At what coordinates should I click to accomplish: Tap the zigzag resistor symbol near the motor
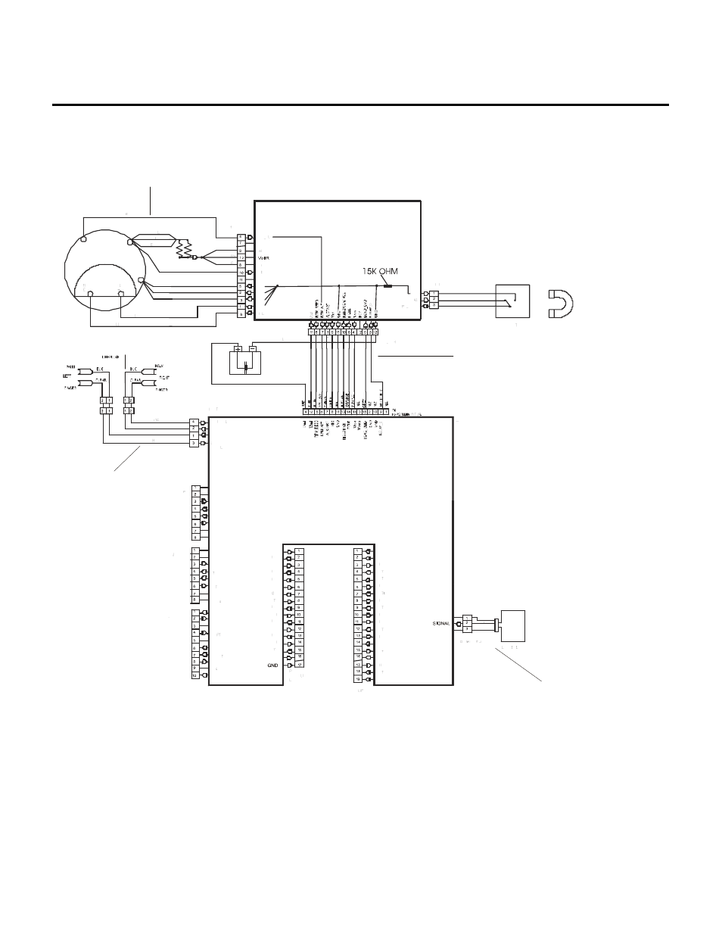pos(182,249)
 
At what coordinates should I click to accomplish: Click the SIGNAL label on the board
pos(441,623)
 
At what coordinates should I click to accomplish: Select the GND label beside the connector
pos(273,665)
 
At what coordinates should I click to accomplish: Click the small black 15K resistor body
pos(388,286)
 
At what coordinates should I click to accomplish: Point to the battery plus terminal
pos(237,349)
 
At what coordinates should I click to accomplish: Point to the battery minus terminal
pos(253,349)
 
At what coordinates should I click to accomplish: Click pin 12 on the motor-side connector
pos(241,257)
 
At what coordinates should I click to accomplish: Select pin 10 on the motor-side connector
pos(241,272)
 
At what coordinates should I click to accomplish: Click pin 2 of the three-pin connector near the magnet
pos(434,300)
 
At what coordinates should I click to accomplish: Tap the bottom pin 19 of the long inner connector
pos(357,679)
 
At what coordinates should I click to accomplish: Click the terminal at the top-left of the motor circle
pos(83,239)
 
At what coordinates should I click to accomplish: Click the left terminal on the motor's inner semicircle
pos(90,293)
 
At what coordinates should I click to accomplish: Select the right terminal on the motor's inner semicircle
pos(121,293)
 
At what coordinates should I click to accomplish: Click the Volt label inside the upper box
pos(263,257)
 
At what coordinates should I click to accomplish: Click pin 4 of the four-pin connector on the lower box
pos(195,422)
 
